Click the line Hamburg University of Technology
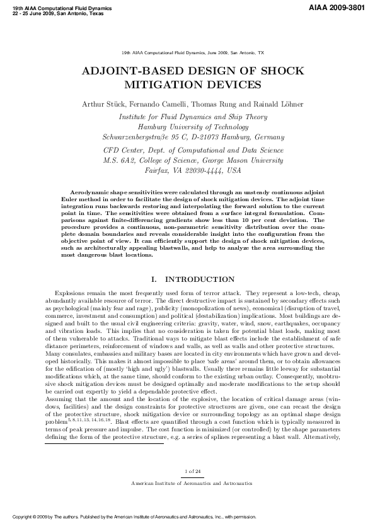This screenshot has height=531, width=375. click(x=193, y=127)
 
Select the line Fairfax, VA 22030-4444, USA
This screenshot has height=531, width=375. click(x=193, y=170)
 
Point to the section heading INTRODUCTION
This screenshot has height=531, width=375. click(x=200, y=279)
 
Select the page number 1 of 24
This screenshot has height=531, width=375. click(x=193, y=471)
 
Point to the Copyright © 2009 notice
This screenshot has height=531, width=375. click(x=38, y=516)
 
